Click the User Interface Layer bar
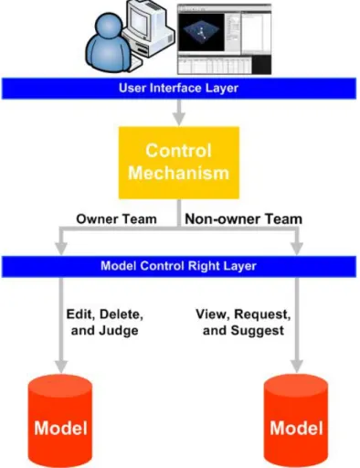click(179, 89)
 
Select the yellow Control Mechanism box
click(179, 163)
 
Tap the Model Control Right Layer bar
click(179, 266)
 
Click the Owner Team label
click(116, 219)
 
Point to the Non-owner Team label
click(244, 219)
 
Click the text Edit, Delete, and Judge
click(105, 323)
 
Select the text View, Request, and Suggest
click(243, 323)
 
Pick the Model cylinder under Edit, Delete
click(60, 420)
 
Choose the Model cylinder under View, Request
click(296, 420)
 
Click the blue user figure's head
click(109, 27)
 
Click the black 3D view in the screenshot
click(201, 32)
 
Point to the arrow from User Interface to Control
click(179, 112)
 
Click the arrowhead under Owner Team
click(61, 249)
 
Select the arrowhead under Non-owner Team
click(297, 249)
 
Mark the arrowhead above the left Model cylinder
click(61, 367)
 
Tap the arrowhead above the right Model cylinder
click(297, 367)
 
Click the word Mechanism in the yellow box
click(179, 173)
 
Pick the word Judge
click(119, 331)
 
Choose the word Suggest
click(258, 331)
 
